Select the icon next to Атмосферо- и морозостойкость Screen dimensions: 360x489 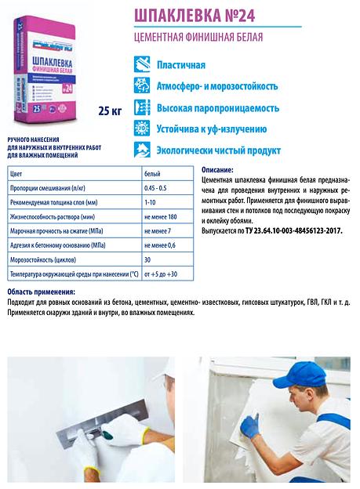(142, 84)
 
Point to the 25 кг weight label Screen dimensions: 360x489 (110, 110)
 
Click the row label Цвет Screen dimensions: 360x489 (16, 172)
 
